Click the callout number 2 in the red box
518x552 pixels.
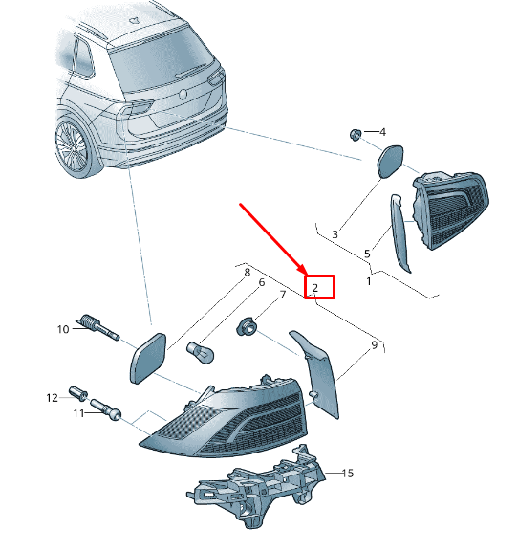click(x=314, y=288)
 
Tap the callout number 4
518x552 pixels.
click(x=383, y=132)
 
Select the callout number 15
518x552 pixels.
click(x=348, y=474)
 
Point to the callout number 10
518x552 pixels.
click(x=63, y=329)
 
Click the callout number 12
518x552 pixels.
click(x=52, y=398)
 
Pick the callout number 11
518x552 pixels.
click(x=78, y=413)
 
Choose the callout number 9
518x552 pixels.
click(x=375, y=345)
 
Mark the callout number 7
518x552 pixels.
click(x=283, y=295)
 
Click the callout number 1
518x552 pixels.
click(x=369, y=281)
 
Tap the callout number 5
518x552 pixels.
click(x=367, y=254)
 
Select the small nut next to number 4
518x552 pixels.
click(x=356, y=135)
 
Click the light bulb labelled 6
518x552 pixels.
click(x=200, y=352)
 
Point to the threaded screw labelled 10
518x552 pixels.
click(x=97, y=327)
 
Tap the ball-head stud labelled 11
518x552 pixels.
click(x=106, y=409)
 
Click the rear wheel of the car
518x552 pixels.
click(x=74, y=146)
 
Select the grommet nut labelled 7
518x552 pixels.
click(x=247, y=326)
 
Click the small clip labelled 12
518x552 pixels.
click(x=78, y=393)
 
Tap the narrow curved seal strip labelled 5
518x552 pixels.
click(x=400, y=232)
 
